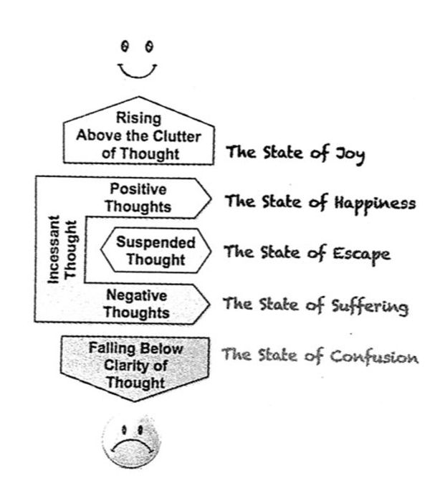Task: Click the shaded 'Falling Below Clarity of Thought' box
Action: click(136, 366)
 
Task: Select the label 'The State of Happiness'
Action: click(320, 202)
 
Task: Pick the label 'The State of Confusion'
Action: click(319, 356)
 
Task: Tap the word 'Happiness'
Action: click(373, 204)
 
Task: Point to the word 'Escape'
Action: click(363, 254)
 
